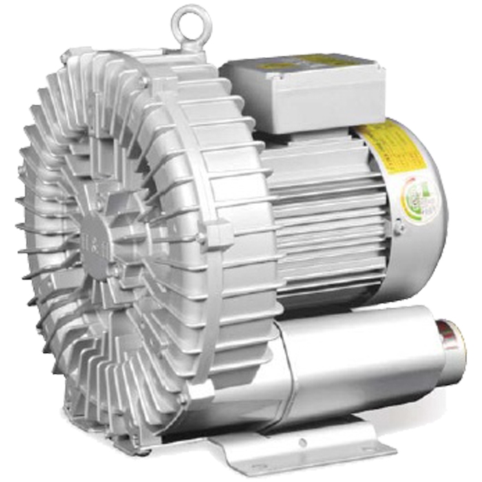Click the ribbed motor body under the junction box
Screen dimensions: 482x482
point(324,220)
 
